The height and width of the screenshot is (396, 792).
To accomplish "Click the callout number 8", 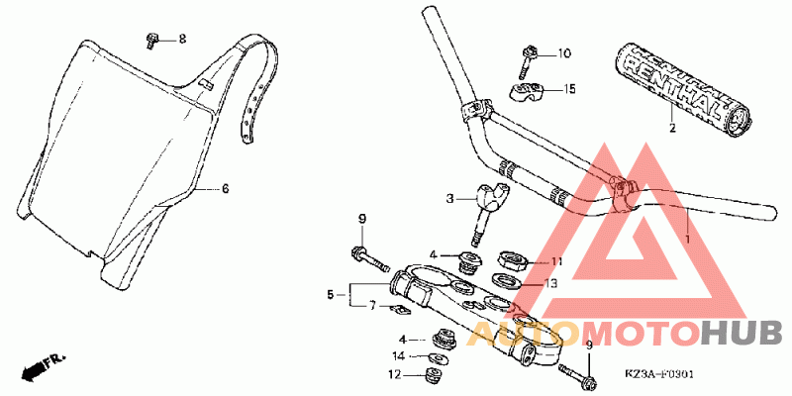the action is [x=181, y=39].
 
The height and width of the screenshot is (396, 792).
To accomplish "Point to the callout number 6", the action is [x=224, y=187].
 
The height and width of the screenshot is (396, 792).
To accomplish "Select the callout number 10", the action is [x=564, y=53].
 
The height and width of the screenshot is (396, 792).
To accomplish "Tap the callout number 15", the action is [x=569, y=89].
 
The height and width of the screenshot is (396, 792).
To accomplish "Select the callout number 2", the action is [x=671, y=128].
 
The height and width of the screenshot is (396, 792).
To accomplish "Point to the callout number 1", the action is [x=687, y=239].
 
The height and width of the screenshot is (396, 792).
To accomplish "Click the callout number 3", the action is [x=448, y=198].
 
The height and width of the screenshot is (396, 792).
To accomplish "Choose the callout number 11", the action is [x=556, y=261].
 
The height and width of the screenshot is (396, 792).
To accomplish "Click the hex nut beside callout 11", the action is [x=514, y=262].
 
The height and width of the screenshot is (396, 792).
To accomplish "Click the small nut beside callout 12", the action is [x=431, y=374].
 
